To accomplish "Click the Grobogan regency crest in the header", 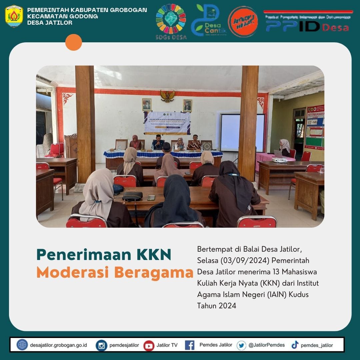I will (x=14, y=16).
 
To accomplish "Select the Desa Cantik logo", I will (x=208, y=20).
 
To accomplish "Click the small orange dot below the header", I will (x=74, y=42).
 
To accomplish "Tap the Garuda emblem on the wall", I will (x=167, y=96).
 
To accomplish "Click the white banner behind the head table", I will (x=167, y=123).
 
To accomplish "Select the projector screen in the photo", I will (x=242, y=133).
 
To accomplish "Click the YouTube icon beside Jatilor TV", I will (x=149, y=345).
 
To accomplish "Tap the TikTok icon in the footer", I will (x=295, y=345).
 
